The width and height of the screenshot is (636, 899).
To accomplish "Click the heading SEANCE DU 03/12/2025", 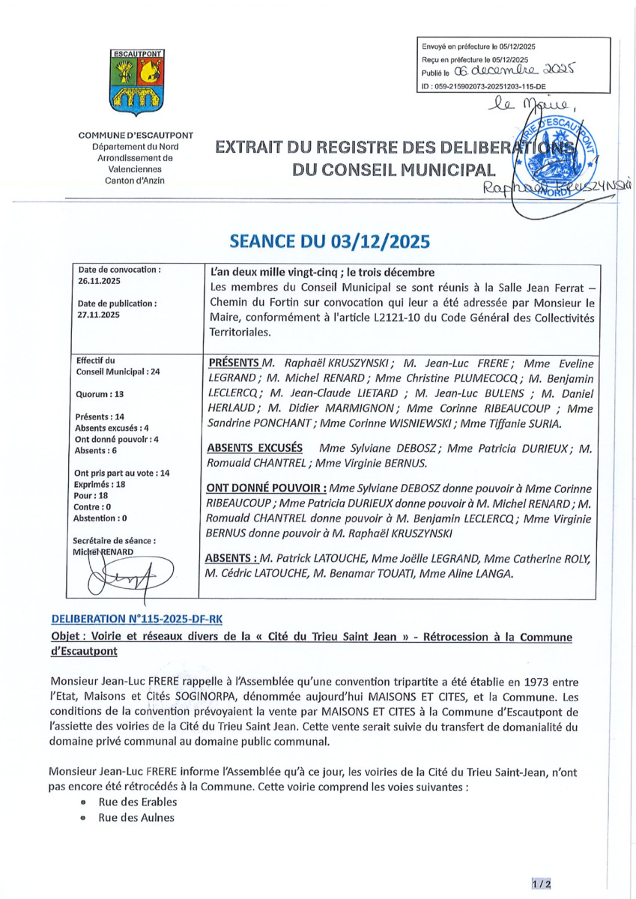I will pos(329,241).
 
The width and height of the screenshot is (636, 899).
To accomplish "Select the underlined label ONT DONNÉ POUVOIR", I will pos(264,488).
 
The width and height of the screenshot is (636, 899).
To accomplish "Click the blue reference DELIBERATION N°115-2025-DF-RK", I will pos(137,620).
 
